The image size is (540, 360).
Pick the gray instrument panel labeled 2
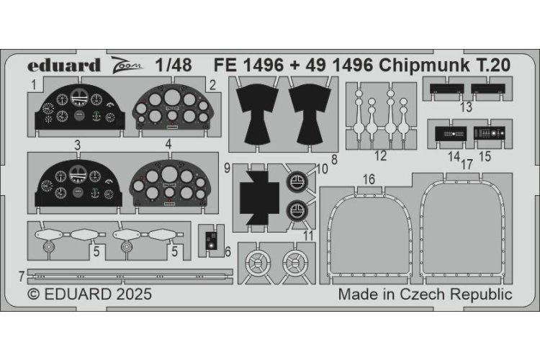pyautogui.click(x=168, y=110)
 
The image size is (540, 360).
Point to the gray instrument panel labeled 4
pyautogui.click(x=168, y=185)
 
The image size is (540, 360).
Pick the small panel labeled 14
pyautogui.click(x=450, y=134)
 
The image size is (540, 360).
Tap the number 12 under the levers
pyautogui.click(x=381, y=156)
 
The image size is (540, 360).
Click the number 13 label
pyautogui.click(x=467, y=108)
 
